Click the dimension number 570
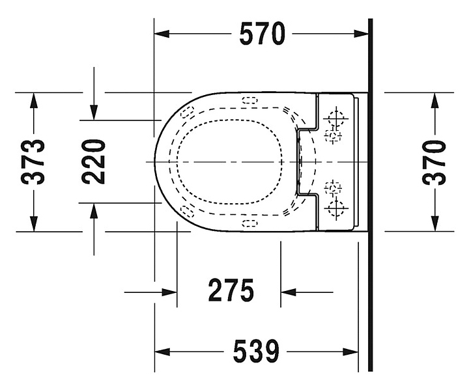pyautogui.click(x=263, y=34)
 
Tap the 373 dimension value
pyautogui.click(x=33, y=161)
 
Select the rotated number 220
pyautogui.click(x=94, y=161)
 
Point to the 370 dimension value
pyautogui.click(x=434, y=162)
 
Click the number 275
pyautogui.click(x=231, y=290)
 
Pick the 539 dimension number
pyautogui.click(x=256, y=351)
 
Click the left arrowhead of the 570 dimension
pyautogui.click(x=162, y=34)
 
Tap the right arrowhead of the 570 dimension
pyautogui.click(x=361, y=34)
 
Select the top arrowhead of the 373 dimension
pyautogui.click(x=34, y=100)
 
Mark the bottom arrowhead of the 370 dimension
pyautogui.click(x=435, y=224)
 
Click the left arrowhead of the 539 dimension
pyautogui.click(x=162, y=352)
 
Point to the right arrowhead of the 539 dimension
pyautogui.click(x=350, y=352)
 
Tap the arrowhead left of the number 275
pyautogui.click(x=169, y=292)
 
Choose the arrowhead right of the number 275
pyautogui.click(x=289, y=292)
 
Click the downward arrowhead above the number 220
pyautogui.click(x=94, y=113)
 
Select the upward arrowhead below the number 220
pyautogui.click(x=94, y=211)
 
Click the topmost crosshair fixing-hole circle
pyautogui.click(x=336, y=118)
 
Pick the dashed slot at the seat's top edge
pyautogui.click(x=250, y=100)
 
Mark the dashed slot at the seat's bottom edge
pyautogui.click(x=249, y=223)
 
